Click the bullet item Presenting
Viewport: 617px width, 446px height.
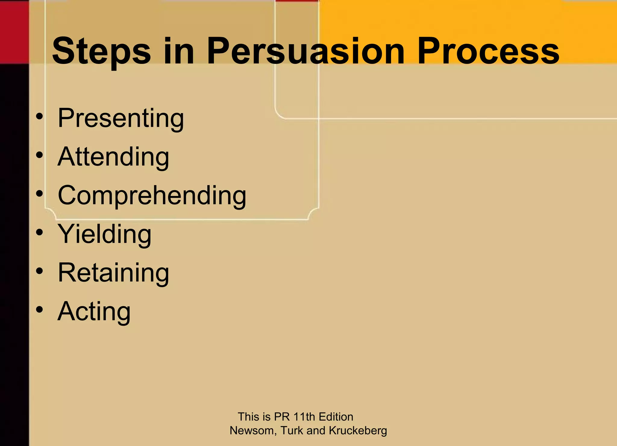click(121, 118)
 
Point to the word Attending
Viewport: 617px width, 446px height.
click(113, 157)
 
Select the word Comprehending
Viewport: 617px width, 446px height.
click(152, 195)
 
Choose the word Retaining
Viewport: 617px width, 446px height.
click(113, 272)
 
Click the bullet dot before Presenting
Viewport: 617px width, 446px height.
click(39, 116)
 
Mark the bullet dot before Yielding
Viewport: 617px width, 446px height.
click(39, 232)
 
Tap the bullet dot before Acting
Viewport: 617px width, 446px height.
click(39, 310)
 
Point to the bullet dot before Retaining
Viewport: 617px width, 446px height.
click(39, 271)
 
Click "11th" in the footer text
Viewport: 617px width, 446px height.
click(304, 417)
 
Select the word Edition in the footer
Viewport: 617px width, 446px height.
click(336, 417)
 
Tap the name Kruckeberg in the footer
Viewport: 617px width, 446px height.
click(358, 431)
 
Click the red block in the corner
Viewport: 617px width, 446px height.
click(14, 32)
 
